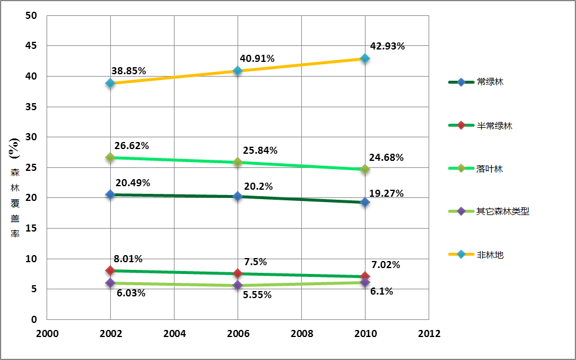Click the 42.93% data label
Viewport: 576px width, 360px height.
[x=387, y=47]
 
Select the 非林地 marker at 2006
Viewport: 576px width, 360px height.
[x=238, y=71]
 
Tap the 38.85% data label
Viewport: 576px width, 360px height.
[x=129, y=71]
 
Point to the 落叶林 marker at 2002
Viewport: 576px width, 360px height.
[x=110, y=157]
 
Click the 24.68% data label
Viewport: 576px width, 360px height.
[x=386, y=157]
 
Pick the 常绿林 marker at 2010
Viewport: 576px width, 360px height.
[x=365, y=202]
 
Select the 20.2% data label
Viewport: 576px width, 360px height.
[x=258, y=186]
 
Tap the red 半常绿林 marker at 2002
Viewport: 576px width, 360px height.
[x=110, y=270]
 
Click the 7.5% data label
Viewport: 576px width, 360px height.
[x=255, y=262]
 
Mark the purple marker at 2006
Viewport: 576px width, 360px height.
[x=238, y=285]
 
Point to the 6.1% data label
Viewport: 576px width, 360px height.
[x=381, y=291]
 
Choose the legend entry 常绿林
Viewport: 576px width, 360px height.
[x=490, y=82]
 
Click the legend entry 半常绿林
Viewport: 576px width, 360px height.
[x=494, y=125]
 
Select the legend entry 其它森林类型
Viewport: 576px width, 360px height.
[x=502, y=211]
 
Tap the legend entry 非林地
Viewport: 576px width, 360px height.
[x=490, y=255]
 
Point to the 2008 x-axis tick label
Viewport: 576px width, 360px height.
[x=301, y=333]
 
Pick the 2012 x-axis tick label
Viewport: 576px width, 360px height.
[x=429, y=333]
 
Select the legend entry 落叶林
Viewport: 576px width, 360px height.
[x=490, y=169]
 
